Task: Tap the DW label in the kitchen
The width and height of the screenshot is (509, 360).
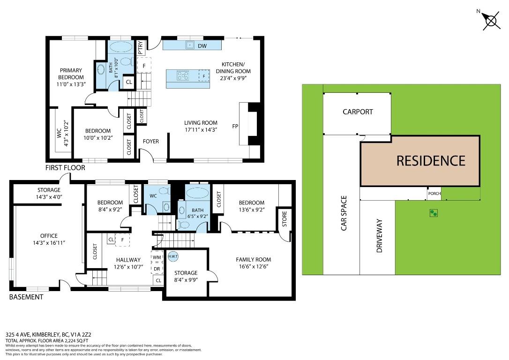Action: click(202, 46)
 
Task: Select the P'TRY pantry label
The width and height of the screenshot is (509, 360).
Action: click(140, 48)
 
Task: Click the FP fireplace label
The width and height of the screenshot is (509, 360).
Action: click(235, 126)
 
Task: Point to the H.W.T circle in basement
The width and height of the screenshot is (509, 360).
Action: click(173, 256)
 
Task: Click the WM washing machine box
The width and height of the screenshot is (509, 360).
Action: click(157, 257)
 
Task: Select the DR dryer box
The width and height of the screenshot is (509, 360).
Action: click(157, 269)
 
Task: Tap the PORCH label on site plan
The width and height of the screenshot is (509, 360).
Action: click(434, 194)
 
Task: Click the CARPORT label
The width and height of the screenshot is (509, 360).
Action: click(358, 112)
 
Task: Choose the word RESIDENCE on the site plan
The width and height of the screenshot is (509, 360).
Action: click(431, 161)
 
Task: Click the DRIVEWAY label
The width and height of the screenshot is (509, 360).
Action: click(380, 236)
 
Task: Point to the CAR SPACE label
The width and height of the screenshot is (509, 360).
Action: click(344, 213)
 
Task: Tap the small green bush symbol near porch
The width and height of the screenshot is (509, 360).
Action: click(434, 213)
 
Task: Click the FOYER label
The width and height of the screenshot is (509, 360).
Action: click(151, 142)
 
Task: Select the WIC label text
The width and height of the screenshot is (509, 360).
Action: click(59, 133)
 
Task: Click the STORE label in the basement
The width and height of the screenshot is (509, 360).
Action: click(284, 219)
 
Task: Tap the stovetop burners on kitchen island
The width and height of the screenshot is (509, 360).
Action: click(183, 75)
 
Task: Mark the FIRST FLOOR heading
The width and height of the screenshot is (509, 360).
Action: click(65, 168)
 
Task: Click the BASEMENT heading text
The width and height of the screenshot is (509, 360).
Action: click(26, 297)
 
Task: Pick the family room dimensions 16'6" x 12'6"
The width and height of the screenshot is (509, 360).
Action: click(254, 267)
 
